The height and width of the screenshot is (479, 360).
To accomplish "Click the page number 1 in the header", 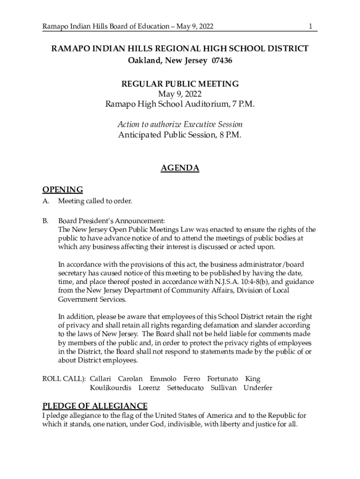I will pos(310,27).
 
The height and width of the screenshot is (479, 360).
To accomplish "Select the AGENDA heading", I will pos(180,168).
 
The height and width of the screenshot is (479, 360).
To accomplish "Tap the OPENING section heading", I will pos(63,189).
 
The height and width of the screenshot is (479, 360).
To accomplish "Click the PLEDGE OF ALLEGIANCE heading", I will pos(95,406).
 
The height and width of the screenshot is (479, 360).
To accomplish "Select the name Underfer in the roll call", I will pos(258,388).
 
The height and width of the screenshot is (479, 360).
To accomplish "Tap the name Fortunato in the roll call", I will pos(223,378).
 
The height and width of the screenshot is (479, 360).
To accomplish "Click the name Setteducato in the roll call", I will pos(185,388).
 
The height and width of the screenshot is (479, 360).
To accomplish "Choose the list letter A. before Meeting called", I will pos(46,201).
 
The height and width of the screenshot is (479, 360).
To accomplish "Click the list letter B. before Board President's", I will pos(46,220).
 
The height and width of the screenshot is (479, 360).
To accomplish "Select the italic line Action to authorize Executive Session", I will pos(180,124).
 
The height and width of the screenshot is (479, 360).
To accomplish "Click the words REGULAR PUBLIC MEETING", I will pos(180,84).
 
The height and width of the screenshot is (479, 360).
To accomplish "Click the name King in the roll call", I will pos(253,378).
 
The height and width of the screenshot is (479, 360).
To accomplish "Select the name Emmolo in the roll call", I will pos(163,378).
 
